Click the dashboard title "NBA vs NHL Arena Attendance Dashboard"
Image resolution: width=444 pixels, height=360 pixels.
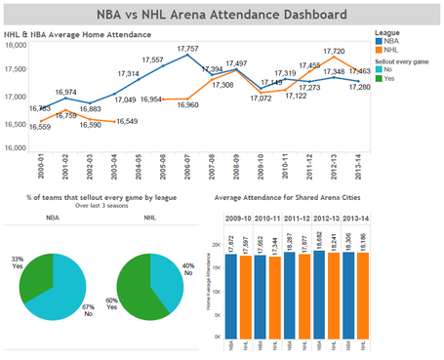222,15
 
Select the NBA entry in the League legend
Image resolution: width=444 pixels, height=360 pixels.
389,41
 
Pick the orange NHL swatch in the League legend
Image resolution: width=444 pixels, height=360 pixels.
380,50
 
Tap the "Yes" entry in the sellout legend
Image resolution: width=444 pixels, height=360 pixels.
389,78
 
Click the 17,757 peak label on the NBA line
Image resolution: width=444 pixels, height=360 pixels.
189,48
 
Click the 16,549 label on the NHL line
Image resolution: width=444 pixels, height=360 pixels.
126,121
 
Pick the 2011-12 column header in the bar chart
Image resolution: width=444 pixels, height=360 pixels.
297,219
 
